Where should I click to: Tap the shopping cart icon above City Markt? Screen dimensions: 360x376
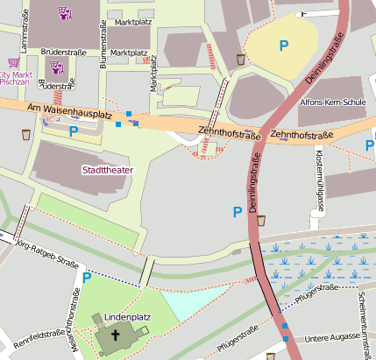(x=12, y=63)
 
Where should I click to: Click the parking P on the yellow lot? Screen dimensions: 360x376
(x=283, y=45)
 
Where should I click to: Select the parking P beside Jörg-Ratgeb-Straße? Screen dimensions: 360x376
(x=86, y=278)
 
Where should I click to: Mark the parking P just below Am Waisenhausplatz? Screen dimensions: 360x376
(x=74, y=131)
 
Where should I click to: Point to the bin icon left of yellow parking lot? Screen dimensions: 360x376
(x=240, y=59)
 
